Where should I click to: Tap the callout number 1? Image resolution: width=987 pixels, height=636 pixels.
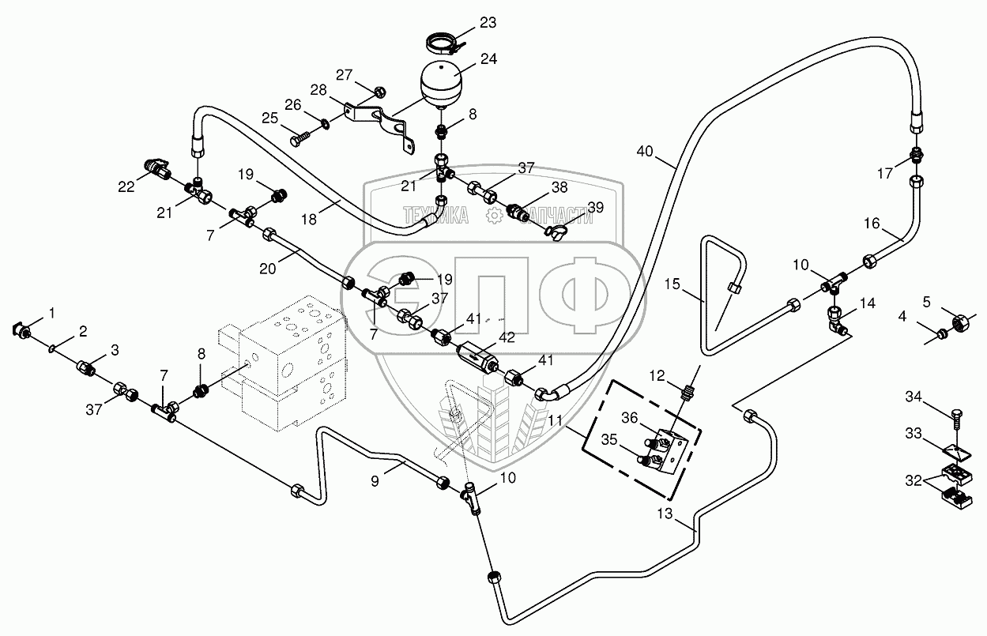pyautogui.click(x=52, y=314)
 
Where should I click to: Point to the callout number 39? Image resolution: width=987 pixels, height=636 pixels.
pyautogui.click(x=595, y=207)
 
